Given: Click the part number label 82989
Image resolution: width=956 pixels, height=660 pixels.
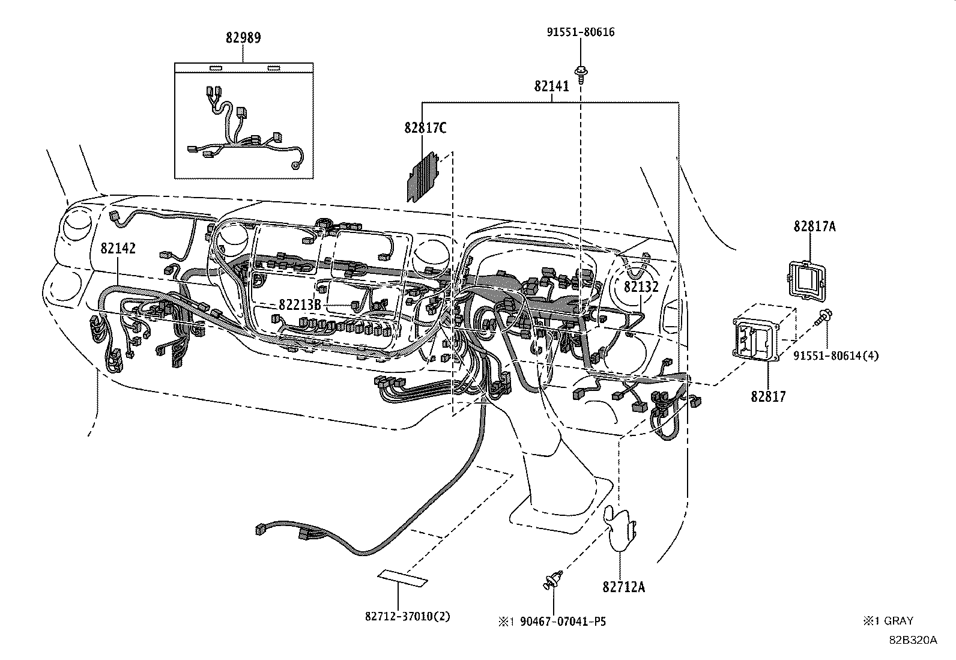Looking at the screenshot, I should (x=243, y=38).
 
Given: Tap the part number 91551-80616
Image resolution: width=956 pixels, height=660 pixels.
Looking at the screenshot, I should (x=580, y=32).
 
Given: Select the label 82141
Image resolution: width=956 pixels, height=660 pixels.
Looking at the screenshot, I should (x=551, y=86).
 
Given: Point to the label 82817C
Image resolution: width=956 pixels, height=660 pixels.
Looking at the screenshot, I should (x=425, y=128).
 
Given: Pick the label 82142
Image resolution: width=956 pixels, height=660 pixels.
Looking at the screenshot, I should (x=118, y=248).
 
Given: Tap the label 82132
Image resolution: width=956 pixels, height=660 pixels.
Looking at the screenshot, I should (x=641, y=287).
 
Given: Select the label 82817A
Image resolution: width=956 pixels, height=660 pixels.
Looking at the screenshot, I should (x=814, y=226).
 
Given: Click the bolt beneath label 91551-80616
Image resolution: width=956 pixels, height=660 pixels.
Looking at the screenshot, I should (x=581, y=73).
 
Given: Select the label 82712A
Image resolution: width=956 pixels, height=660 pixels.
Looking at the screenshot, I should (x=623, y=587).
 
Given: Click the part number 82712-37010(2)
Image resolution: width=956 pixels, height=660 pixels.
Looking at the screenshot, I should (x=407, y=617).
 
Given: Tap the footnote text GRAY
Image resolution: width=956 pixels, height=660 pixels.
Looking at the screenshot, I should (x=898, y=621).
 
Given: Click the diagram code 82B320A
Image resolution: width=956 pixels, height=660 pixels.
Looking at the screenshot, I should (x=913, y=640).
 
